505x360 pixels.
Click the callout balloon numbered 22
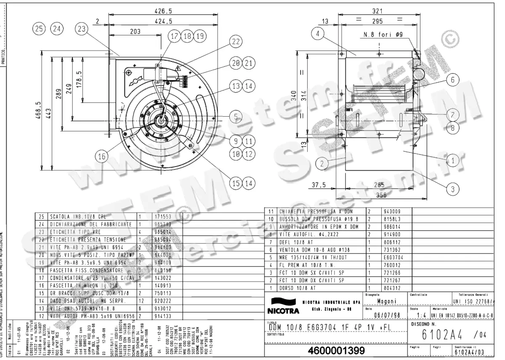click(x=237, y=42)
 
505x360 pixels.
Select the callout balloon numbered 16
click(x=102, y=157)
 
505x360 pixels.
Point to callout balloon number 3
click(x=453, y=189)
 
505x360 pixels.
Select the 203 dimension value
click(x=135, y=31)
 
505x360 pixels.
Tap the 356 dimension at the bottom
click(x=381, y=195)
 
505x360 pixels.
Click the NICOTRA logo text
click(x=282, y=311)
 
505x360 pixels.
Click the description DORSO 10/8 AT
click(x=298, y=288)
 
